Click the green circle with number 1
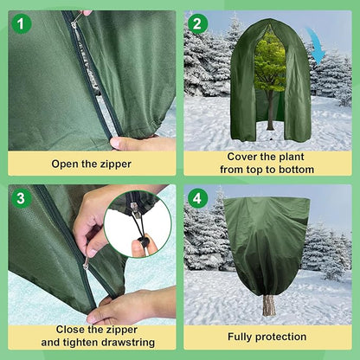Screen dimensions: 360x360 (x=22, y=23)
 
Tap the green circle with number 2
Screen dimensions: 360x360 (x=198, y=23)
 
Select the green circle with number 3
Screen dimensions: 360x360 (x=22, y=198)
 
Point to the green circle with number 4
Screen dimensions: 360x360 (x=198, y=198)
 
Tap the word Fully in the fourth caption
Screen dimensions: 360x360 (x=244, y=336)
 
